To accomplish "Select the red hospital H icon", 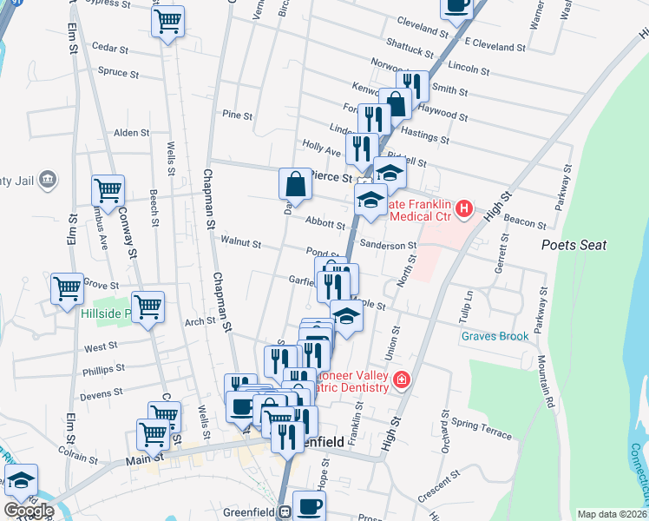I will click(x=464, y=208).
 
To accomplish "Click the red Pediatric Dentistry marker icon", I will click(x=401, y=379).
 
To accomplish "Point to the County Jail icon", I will click(x=48, y=180).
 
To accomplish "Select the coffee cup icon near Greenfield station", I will click(x=309, y=505).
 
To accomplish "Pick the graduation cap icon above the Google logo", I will click(x=21, y=478).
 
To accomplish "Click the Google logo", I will click(x=29, y=511).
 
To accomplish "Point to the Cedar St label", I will click(x=109, y=49).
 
